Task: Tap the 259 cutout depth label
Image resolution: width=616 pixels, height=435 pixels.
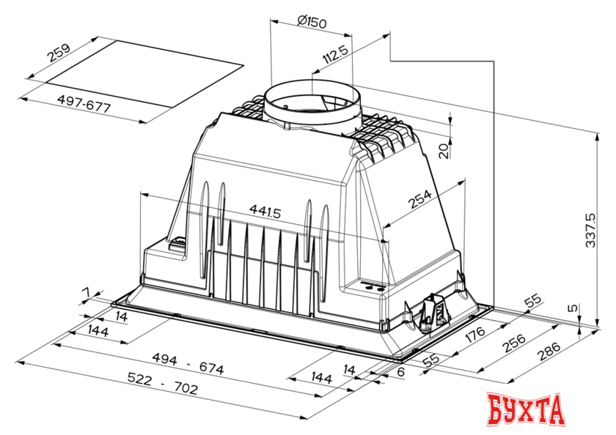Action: (x=59, y=53)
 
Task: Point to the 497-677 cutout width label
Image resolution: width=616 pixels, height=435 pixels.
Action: (x=84, y=103)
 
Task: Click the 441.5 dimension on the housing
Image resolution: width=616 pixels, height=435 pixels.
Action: (x=265, y=212)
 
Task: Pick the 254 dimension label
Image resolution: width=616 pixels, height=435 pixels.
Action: (x=420, y=199)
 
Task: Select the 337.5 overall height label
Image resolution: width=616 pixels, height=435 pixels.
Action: (x=590, y=230)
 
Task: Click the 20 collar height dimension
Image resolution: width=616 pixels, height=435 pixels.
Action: (x=444, y=151)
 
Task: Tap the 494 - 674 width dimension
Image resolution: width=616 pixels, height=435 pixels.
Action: (x=188, y=364)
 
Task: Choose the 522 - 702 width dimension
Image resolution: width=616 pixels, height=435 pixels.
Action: (x=163, y=383)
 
